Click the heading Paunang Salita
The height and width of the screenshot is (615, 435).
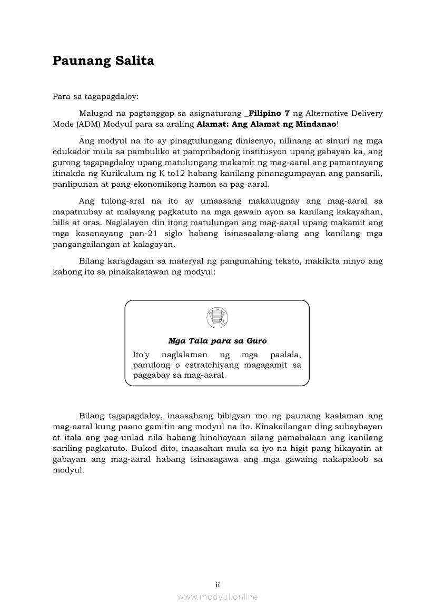(x=103, y=61)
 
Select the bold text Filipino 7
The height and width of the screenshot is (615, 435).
(x=269, y=113)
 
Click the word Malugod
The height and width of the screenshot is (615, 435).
(x=94, y=113)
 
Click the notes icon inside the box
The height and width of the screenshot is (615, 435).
(x=217, y=317)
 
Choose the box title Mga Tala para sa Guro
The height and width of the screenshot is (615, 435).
(x=217, y=341)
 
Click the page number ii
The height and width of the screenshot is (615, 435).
(x=217, y=584)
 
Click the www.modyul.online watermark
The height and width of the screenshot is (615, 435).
(x=217, y=597)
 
